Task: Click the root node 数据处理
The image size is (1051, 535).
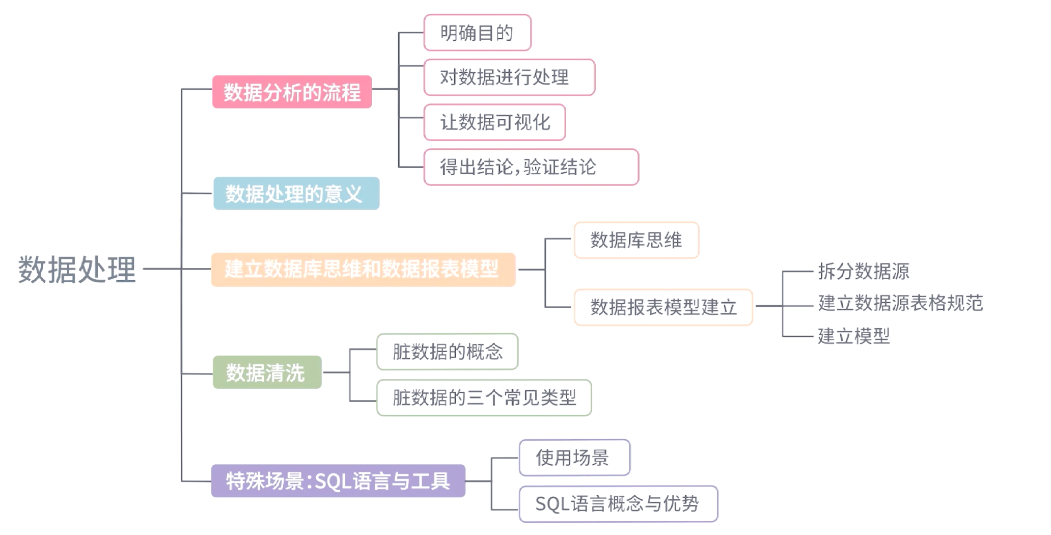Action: (x=77, y=269)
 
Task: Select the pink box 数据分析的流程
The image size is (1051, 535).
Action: (x=292, y=92)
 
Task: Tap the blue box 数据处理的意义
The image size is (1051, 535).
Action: (x=296, y=194)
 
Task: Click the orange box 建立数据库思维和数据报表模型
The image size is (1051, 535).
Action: (x=363, y=269)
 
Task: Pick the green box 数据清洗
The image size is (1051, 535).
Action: (x=267, y=372)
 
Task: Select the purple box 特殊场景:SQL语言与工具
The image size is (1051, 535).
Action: (x=338, y=480)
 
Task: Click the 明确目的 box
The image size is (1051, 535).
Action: (x=477, y=33)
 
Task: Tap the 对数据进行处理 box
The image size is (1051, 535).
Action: (x=509, y=77)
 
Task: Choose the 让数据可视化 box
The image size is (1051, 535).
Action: (x=494, y=122)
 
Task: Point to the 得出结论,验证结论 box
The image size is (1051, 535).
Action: (x=531, y=167)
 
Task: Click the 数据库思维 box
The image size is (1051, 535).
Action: (x=636, y=240)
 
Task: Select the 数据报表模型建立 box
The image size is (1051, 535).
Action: (x=663, y=307)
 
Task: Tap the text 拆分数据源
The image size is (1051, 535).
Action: (x=863, y=272)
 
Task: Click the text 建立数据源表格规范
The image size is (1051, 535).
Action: (x=900, y=303)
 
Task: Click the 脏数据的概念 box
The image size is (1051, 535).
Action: (x=447, y=352)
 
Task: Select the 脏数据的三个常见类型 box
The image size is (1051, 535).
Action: (x=484, y=397)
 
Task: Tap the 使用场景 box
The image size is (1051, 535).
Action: (x=574, y=458)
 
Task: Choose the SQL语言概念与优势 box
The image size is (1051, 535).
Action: (x=618, y=504)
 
